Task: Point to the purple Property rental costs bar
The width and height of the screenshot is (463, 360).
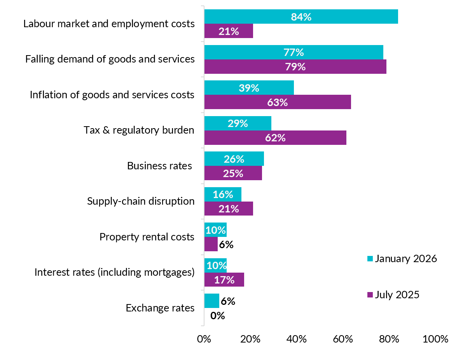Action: point(211,244)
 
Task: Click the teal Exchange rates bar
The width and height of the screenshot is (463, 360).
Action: point(212,301)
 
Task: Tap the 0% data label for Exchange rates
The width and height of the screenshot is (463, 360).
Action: point(218,316)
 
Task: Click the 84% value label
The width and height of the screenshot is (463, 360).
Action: point(301,17)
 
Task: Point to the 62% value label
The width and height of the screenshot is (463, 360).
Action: point(276,138)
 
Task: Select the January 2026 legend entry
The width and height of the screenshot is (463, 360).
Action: point(402,259)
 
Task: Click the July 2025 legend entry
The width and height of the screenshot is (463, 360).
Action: point(393,295)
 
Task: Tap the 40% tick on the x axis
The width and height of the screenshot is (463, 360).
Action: point(297,339)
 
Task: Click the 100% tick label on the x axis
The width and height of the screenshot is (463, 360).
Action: point(436,339)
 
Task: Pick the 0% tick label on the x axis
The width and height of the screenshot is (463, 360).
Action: point(204,339)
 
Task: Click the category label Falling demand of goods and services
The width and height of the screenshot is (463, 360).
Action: point(110,59)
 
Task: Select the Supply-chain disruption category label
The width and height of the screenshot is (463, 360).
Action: point(141,201)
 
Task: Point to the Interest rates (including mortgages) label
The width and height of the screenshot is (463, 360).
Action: point(114,272)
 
